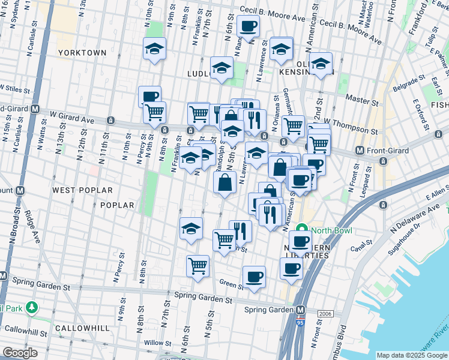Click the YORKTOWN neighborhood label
tap(82, 53)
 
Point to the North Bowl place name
tap(331, 230)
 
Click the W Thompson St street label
tap(358, 129)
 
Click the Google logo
tap(20, 353)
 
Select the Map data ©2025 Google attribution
tap(411, 355)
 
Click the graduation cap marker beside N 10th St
tap(154, 49)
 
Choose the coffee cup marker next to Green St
tap(253, 277)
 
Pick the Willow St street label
tap(158, 343)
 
